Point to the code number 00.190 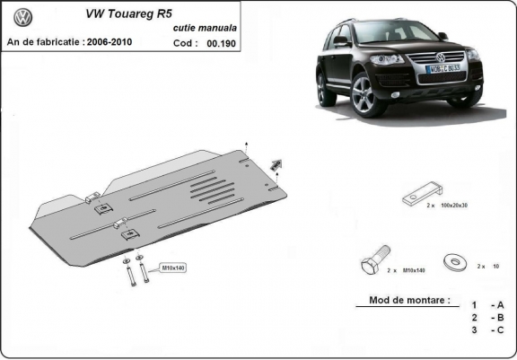pyautogui.click(x=220, y=42)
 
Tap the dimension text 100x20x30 pyautogui.click(x=454, y=206)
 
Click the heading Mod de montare pyautogui.click(x=409, y=301)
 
